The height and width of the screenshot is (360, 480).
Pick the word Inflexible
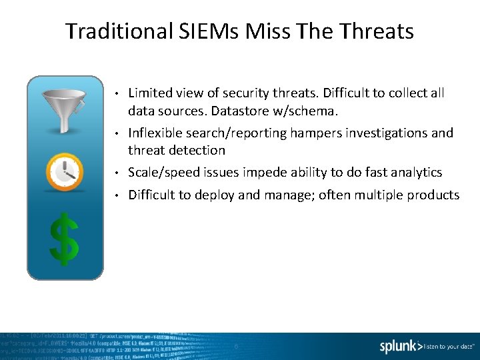pos(155,133)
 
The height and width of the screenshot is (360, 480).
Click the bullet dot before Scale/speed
pos(115,173)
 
